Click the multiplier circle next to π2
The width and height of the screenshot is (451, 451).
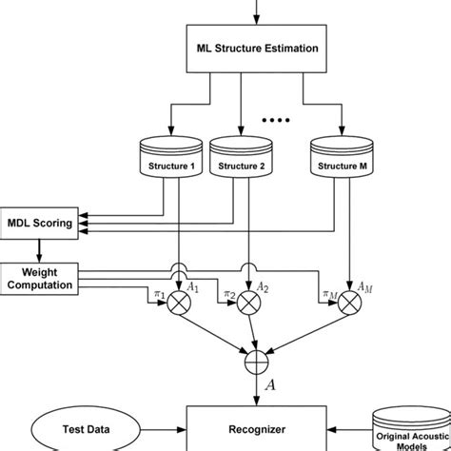tap(249, 305)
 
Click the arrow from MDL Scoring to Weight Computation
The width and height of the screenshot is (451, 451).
tap(40, 251)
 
